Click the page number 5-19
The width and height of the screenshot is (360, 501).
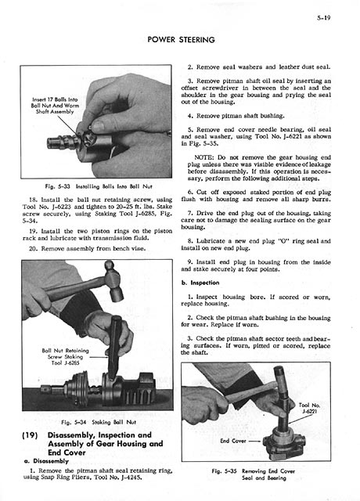[x=323, y=17]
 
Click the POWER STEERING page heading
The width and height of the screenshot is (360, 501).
[x=181, y=40]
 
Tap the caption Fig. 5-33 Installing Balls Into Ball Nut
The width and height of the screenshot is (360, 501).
[x=99, y=186]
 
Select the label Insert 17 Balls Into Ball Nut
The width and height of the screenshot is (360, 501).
[x=55, y=106]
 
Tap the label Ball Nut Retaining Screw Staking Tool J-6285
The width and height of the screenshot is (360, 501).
[x=65, y=357]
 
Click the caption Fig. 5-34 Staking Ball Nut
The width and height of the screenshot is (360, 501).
[x=99, y=422]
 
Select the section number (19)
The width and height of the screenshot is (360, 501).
[x=30, y=435]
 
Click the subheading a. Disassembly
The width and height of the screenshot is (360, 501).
[x=46, y=461]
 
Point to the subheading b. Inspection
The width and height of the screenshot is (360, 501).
[x=200, y=283]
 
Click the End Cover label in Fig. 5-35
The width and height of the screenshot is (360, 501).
[x=233, y=441]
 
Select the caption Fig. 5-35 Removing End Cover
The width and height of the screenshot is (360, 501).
[x=253, y=474]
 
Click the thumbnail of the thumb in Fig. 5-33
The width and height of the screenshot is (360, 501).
[x=98, y=126]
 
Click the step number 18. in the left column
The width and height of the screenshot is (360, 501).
[x=33, y=200]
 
